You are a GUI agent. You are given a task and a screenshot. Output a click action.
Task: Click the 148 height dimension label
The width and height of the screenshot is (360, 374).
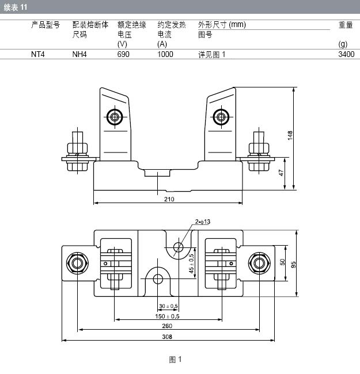[290, 135]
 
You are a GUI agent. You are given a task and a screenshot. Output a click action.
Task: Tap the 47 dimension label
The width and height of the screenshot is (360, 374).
[281, 173]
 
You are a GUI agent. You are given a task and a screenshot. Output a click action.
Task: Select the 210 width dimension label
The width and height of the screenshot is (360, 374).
[169, 199]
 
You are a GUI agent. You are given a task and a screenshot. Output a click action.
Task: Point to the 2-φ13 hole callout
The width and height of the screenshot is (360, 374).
[203, 222]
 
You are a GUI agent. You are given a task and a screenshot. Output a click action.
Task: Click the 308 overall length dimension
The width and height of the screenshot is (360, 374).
[167, 337]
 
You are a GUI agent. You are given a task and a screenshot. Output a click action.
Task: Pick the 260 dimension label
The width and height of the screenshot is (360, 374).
[167, 326]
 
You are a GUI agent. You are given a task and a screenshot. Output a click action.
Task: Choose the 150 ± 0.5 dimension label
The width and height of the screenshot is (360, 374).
[167, 316]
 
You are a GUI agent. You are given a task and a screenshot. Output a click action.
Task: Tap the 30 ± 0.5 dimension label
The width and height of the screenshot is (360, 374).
[168, 306]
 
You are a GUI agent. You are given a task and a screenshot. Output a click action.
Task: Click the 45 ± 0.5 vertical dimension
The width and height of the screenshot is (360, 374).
[191, 264]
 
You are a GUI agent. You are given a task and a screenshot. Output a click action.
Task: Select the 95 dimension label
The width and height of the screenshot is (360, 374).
[293, 265]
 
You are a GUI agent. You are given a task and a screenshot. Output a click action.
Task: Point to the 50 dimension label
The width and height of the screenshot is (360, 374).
[282, 262]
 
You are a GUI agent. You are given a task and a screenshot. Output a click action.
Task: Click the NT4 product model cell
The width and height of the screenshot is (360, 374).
[37, 55]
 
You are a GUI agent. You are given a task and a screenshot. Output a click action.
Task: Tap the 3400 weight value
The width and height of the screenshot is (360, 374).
[346, 55]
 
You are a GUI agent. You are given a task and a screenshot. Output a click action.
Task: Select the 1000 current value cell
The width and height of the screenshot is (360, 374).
[165, 55]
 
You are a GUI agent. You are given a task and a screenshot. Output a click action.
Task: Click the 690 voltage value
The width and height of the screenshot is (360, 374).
[123, 55]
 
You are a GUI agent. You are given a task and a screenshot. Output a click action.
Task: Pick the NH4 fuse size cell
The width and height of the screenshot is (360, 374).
[79, 55]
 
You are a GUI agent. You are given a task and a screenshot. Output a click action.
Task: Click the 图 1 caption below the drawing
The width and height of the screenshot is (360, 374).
[176, 360]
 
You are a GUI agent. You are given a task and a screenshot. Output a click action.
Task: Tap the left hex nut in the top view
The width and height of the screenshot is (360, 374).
[77, 263]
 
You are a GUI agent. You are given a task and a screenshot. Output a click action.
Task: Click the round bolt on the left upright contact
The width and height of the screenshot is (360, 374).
[115, 117]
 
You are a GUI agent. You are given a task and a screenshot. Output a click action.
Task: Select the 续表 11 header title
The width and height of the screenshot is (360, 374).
[16, 7]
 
